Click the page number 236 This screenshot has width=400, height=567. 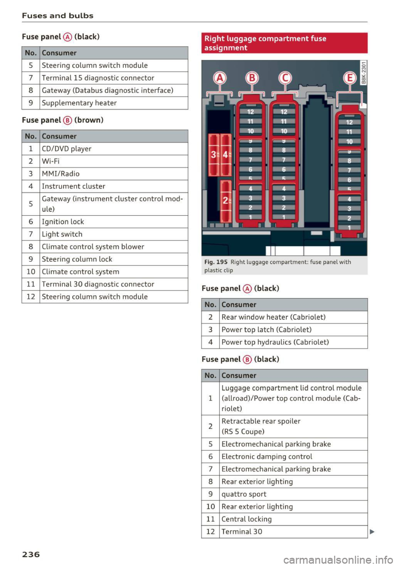[31, 554]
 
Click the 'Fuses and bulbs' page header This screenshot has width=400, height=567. [57, 16]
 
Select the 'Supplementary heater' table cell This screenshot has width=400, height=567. [79, 103]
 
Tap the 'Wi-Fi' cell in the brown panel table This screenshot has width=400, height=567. [50, 161]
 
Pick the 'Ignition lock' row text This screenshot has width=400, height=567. [63, 222]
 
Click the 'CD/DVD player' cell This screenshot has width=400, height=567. [67, 149]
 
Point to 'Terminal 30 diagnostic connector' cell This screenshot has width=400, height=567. [98, 284]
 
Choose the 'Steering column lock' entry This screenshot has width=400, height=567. [77, 259]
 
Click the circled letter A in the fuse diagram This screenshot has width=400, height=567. [220, 78]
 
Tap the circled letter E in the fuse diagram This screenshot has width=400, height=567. [350, 78]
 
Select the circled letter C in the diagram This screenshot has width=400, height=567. [285, 78]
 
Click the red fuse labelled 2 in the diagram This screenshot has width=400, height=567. [225, 200]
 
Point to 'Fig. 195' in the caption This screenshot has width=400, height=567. [216, 262]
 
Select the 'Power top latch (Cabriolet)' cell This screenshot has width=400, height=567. [267, 330]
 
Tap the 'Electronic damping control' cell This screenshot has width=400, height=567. [267, 457]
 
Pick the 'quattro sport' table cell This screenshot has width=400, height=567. [244, 494]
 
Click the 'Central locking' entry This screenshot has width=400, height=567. [247, 519]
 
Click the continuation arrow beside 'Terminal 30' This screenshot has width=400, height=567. [372, 532]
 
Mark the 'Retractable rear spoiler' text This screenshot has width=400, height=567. [261, 421]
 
